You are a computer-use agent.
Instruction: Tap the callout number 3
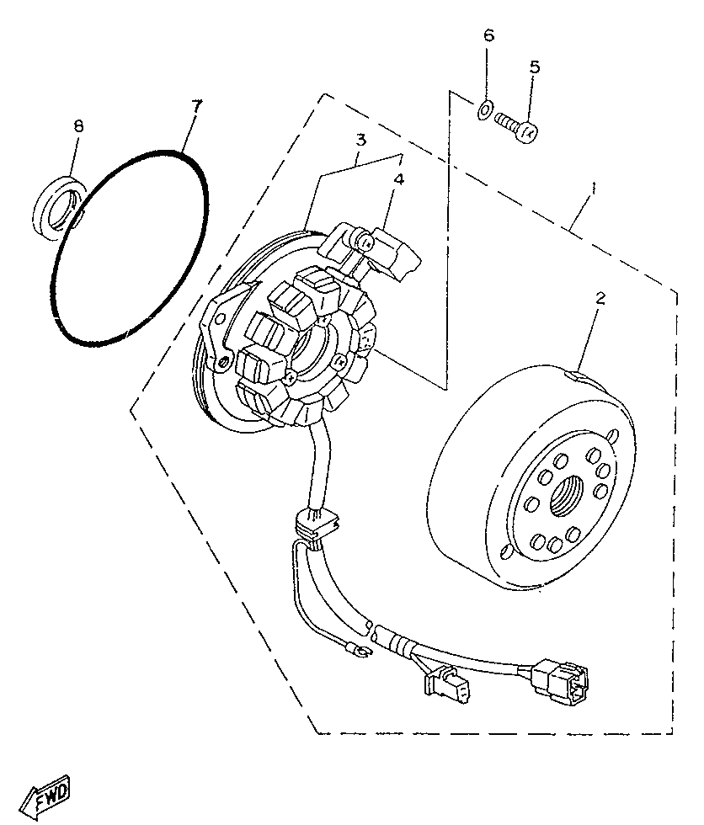[x=360, y=139]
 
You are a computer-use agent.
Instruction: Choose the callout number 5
[x=534, y=67]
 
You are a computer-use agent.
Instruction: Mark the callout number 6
[x=488, y=36]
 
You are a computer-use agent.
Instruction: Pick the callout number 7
[x=196, y=106]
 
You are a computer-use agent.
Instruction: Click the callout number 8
[x=78, y=126]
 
